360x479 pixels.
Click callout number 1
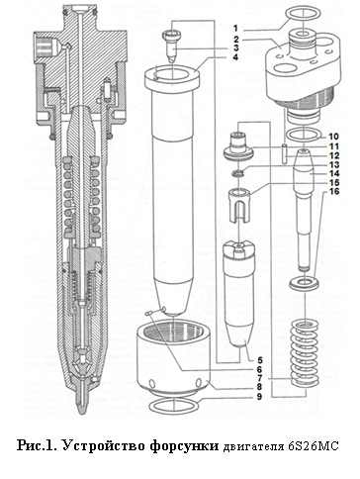245,29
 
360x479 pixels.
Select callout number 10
333,137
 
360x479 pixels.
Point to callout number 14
333,173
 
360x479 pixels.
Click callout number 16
333,191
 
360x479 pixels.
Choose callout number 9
259,396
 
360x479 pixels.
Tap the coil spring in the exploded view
305,353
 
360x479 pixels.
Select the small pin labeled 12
286,152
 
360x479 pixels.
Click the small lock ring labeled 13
238,172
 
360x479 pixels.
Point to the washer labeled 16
305,283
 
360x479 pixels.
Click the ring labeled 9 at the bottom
174,405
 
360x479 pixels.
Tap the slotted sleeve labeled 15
238,205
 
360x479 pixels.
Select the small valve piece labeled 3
172,46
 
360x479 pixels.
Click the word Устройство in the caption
103,445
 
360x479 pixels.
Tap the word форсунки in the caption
184,446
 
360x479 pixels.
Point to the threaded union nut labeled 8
174,357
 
